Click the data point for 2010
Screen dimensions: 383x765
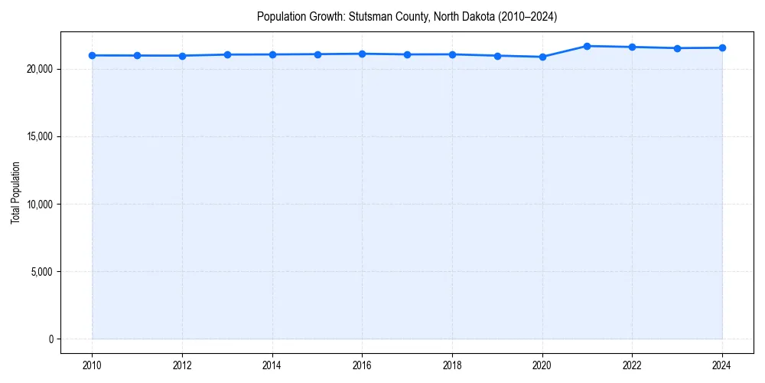click(x=92, y=55)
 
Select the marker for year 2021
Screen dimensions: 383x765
click(x=587, y=46)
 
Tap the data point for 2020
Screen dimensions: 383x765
click(x=542, y=57)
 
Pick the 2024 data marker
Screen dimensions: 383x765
click(x=722, y=47)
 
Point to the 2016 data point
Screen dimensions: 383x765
click(x=362, y=54)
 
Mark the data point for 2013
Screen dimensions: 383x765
click(x=227, y=54)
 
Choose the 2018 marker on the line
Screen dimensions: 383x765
click(x=452, y=54)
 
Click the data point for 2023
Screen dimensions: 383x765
click(x=677, y=48)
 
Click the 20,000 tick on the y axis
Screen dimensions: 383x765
click(x=39, y=69)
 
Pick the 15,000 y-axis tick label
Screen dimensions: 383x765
click(x=39, y=136)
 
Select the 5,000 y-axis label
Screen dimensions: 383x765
click(x=41, y=271)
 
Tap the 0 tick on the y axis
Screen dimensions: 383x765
click(x=50, y=339)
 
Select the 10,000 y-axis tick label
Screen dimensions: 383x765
click(x=39, y=204)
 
